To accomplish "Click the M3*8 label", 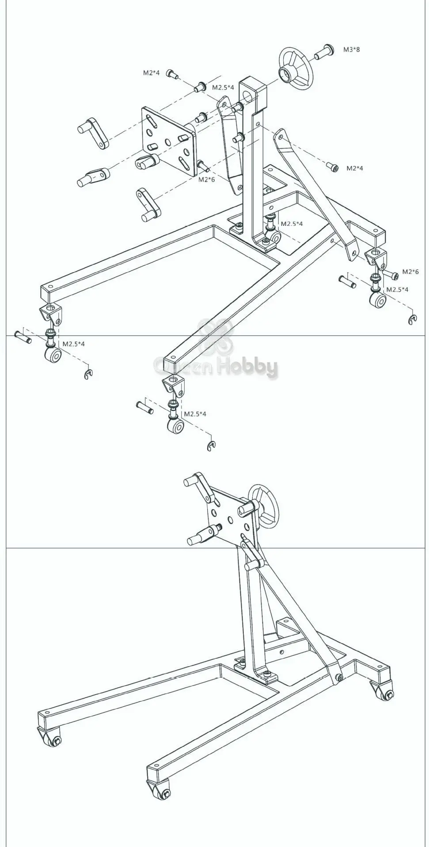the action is pyautogui.click(x=351, y=49).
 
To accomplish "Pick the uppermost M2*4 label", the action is pyautogui.click(x=151, y=73).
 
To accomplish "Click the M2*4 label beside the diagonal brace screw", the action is pyautogui.click(x=355, y=168).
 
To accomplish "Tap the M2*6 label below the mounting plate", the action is pyautogui.click(x=206, y=179).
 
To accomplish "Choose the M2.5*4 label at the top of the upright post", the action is pyautogui.click(x=223, y=87).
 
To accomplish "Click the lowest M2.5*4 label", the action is pyautogui.click(x=195, y=414).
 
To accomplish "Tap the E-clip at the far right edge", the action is pyautogui.click(x=412, y=320).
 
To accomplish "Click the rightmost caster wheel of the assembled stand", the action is pyautogui.click(x=386, y=696).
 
